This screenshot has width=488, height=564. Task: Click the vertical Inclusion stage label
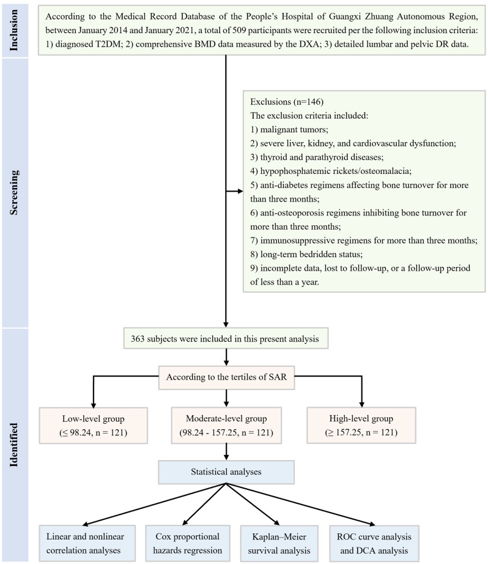(13, 30)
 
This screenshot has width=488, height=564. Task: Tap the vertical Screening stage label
(13, 192)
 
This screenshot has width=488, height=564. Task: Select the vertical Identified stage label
(13, 445)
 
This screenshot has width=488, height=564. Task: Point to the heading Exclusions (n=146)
(287, 102)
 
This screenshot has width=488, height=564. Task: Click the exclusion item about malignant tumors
(289, 129)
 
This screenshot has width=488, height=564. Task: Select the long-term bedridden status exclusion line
(306, 254)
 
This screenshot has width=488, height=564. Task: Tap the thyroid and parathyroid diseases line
(317, 157)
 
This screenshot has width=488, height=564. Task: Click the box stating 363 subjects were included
(226, 339)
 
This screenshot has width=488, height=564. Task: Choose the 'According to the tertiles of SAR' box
(227, 377)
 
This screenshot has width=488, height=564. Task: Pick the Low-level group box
(94, 426)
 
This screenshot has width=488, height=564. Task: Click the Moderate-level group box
(226, 426)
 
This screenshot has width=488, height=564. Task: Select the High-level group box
(361, 426)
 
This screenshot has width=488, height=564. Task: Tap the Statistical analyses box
(226, 472)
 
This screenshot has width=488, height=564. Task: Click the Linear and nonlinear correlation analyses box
(87, 543)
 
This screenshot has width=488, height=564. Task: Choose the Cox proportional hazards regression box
(188, 543)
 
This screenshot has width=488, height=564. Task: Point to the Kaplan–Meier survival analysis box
(279, 543)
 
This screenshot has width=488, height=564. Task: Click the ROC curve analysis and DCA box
(374, 543)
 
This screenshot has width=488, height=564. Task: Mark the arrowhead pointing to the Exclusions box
(240, 191)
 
